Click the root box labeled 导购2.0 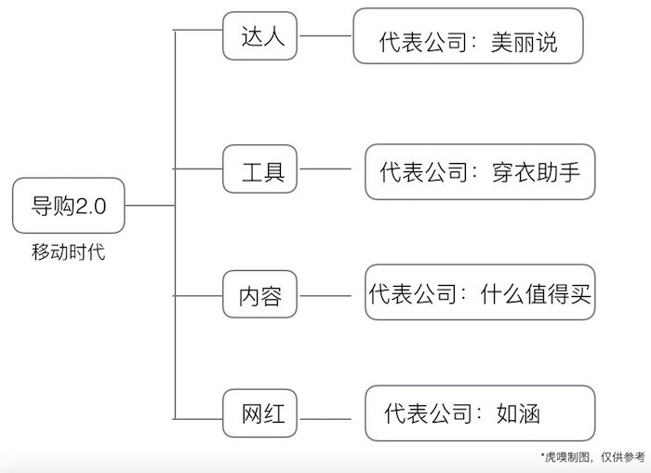pyautogui.click(x=70, y=206)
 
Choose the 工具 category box pyautogui.click(x=262, y=171)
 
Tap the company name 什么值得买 pyautogui.click(x=536, y=296)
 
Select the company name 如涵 pyautogui.click(x=519, y=413)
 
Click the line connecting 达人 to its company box pyautogui.click(x=325, y=38)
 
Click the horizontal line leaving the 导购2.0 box pyautogui.click(x=150, y=205)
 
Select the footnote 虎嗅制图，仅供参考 pyautogui.click(x=591, y=457)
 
